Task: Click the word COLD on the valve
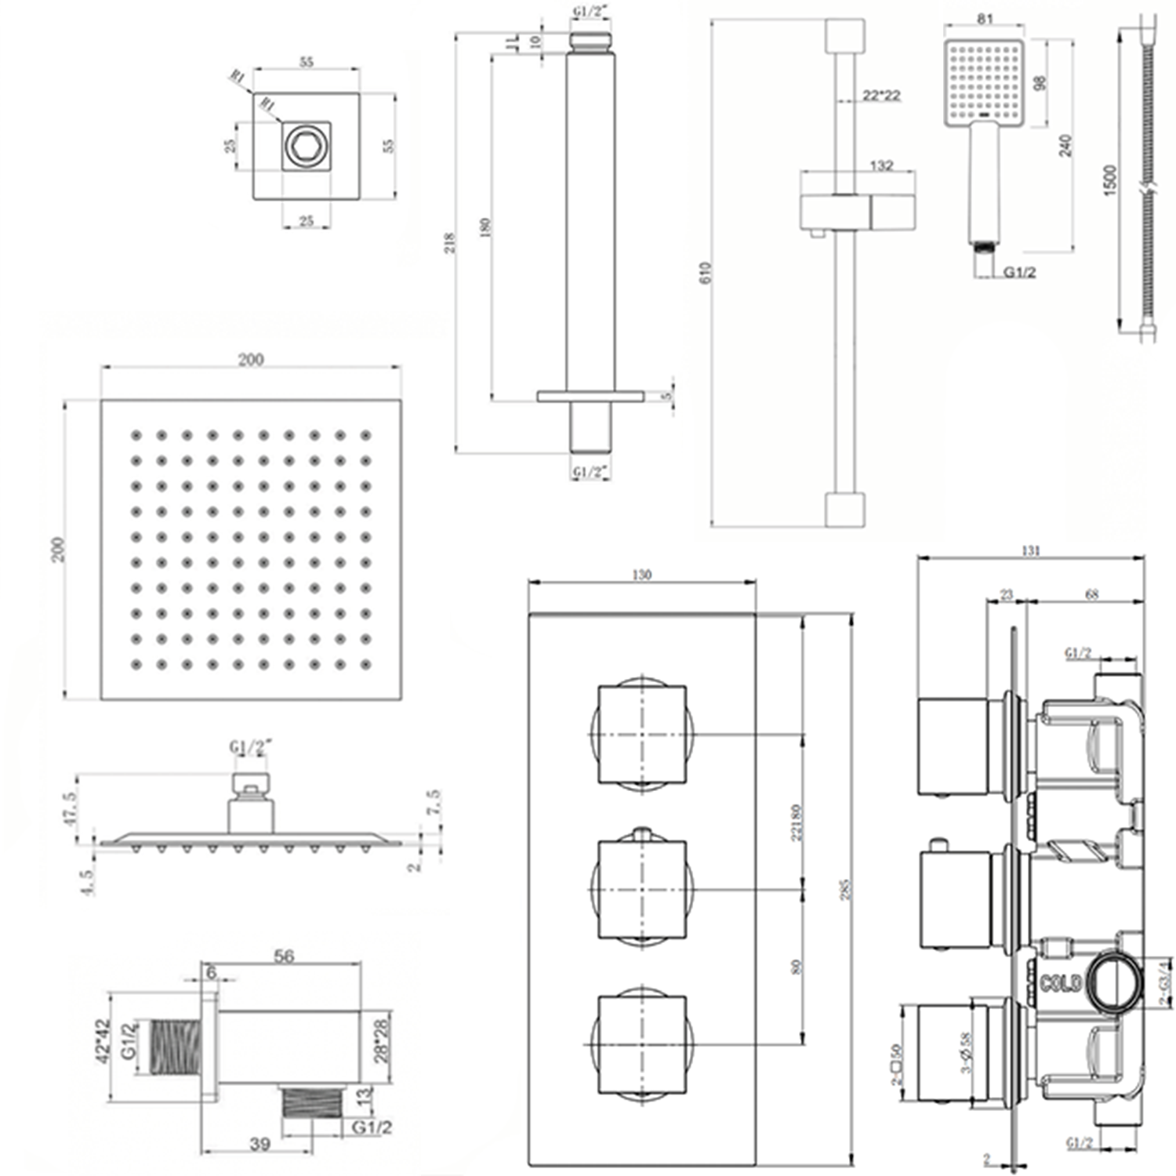point(1061,983)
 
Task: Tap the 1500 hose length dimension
point(1109,180)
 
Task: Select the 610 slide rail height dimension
point(705,272)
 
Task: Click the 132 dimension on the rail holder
point(881,165)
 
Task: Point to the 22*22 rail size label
point(881,96)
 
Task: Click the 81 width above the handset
point(985,19)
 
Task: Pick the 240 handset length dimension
point(1065,146)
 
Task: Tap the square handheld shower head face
point(985,81)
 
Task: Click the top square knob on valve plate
point(641,735)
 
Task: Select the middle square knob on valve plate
point(641,889)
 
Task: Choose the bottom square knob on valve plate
point(641,1044)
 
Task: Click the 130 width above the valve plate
point(641,575)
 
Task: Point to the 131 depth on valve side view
point(1030,550)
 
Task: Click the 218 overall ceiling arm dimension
point(449,243)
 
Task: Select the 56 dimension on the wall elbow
point(284,956)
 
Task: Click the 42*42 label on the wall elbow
point(102,1041)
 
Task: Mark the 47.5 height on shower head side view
point(71,808)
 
